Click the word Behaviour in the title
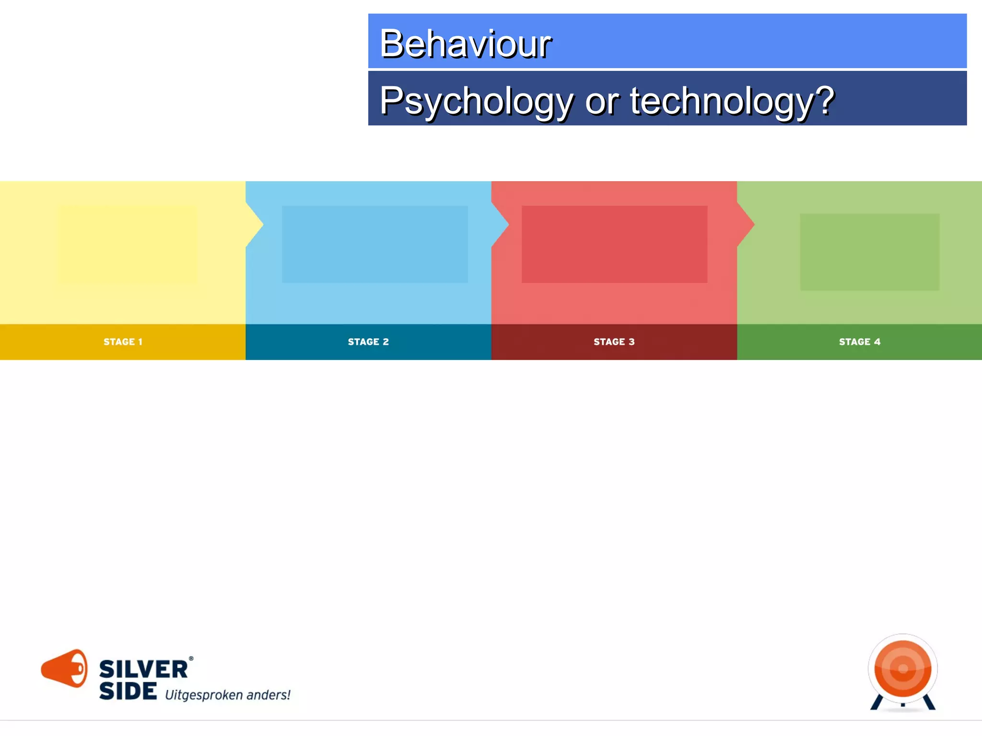[x=465, y=44]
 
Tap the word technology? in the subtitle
[x=732, y=101]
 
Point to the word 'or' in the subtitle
[x=601, y=102]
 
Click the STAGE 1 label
[x=123, y=342]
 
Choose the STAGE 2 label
[x=368, y=342]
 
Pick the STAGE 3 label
[x=614, y=342]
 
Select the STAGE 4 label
[x=859, y=342]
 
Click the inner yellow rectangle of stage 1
[x=128, y=244]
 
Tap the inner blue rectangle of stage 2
[x=374, y=244]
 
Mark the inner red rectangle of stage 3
[x=614, y=244]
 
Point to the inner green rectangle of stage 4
[x=869, y=252]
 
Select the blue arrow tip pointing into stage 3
[x=502, y=224]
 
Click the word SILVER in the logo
[x=143, y=669]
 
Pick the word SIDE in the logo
[x=128, y=691]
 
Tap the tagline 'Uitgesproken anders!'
[x=228, y=695]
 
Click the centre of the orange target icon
[x=903, y=668]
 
